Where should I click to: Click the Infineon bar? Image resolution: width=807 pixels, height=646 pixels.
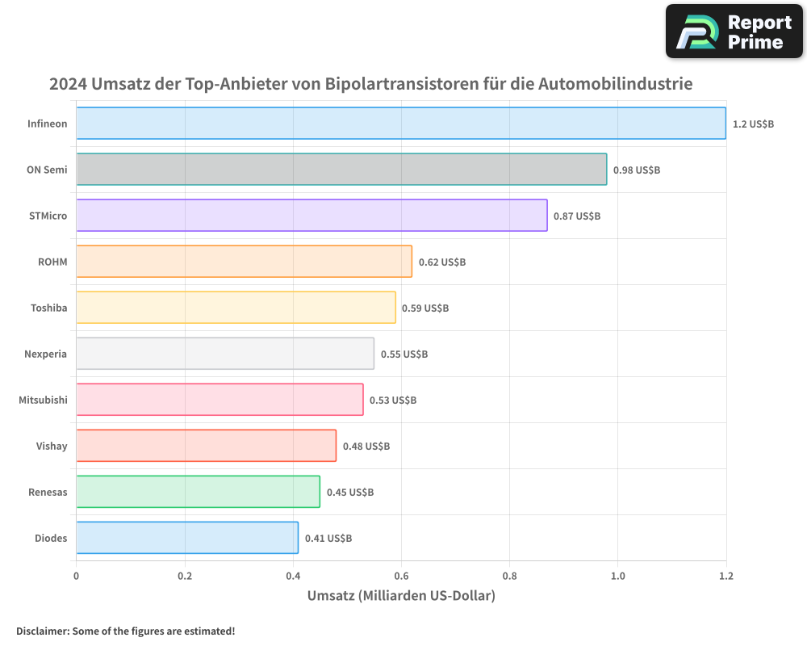pyautogui.click(x=401, y=124)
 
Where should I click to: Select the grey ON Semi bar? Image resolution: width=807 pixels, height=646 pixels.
pyautogui.click(x=341, y=170)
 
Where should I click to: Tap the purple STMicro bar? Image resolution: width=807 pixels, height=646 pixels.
pyautogui.click(x=312, y=216)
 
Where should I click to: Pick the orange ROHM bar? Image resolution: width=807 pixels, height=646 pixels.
pyautogui.click(x=244, y=262)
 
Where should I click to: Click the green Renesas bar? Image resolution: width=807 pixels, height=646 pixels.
pyautogui.click(x=198, y=492)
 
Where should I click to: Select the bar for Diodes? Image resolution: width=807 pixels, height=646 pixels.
pyautogui.click(x=187, y=538)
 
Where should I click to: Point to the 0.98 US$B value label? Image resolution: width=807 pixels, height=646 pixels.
pyautogui.click(x=636, y=170)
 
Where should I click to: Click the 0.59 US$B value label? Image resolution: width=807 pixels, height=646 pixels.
pyautogui.click(x=425, y=308)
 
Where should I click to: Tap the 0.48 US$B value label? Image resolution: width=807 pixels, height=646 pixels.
pyautogui.click(x=366, y=447)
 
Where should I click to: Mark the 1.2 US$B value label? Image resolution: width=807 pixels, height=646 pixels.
pyautogui.click(x=753, y=124)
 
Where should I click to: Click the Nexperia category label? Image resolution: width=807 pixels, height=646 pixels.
pyautogui.click(x=46, y=354)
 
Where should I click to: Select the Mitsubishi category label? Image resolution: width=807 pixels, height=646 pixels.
pyautogui.click(x=43, y=400)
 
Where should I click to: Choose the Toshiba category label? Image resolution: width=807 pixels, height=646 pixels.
pyautogui.click(x=48, y=308)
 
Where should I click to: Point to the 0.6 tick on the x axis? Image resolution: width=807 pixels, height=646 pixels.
pyautogui.click(x=401, y=576)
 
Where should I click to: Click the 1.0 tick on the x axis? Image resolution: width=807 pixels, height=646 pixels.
pyautogui.click(x=617, y=576)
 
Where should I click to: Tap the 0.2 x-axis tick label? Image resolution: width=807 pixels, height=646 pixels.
pyautogui.click(x=185, y=576)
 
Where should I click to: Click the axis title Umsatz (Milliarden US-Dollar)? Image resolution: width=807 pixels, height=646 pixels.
pyautogui.click(x=401, y=596)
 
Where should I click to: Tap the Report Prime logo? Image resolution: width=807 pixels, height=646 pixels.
pyautogui.click(x=734, y=31)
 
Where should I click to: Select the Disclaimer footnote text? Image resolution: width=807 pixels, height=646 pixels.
pyautogui.click(x=125, y=631)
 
